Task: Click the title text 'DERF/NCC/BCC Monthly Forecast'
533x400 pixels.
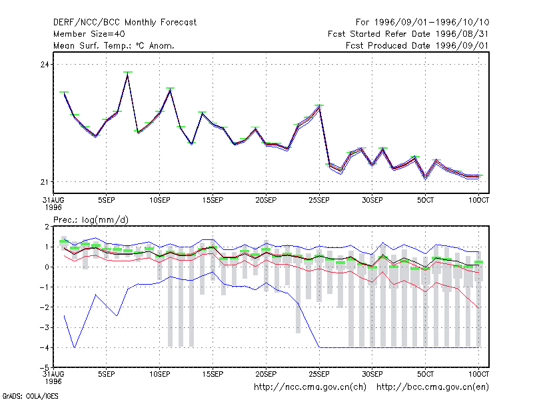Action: (x=125, y=23)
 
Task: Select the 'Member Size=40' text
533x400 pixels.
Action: (x=89, y=34)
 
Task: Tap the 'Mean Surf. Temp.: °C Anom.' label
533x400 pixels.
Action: (x=114, y=45)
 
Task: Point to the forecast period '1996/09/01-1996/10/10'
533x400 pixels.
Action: (x=432, y=23)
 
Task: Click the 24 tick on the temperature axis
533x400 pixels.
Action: (x=45, y=64)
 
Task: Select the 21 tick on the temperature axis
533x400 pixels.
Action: (x=45, y=182)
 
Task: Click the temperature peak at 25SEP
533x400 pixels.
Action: (x=319, y=106)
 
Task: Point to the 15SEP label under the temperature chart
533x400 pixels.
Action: (x=213, y=201)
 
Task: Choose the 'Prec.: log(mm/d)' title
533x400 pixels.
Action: (x=91, y=220)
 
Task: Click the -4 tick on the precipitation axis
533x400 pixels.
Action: (x=44, y=347)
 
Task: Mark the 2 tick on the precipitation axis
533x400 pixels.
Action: (x=47, y=227)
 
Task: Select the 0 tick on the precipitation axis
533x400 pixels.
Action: (x=47, y=267)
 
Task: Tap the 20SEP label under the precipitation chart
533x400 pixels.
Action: (x=266, y=374)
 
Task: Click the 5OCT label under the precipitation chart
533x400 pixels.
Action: (x=425, y=374)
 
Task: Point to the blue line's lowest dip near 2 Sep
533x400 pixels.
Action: (x=75, y=347)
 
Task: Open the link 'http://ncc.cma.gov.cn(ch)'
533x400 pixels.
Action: (x=310, y=387)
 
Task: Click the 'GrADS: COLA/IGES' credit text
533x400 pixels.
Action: (x=30, y=396)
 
